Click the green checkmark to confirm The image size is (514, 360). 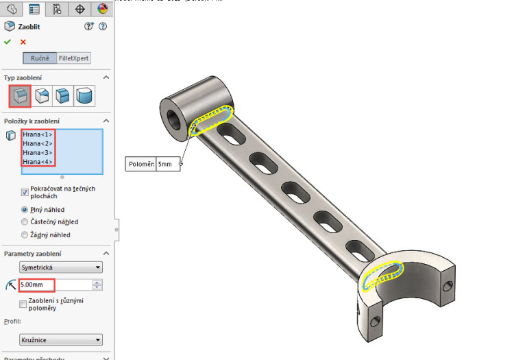(x=8, y=42)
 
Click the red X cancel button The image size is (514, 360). (x=23, y=42)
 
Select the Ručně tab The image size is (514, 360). (x=40, y=58)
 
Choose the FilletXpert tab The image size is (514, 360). (x=73, y=58)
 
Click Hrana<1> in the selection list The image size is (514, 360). (x=38, y=134)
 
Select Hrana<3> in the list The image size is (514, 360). (x=38, y=152)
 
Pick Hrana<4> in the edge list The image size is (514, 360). (x=38, y=162)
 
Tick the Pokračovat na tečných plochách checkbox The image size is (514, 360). (x=25, y=192)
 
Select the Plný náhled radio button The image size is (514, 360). (x=25, y=209)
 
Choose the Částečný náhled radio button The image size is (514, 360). (x=25, y=222)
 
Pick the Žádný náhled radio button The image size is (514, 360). (x=25, y=235)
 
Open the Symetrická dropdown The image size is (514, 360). (x=61, y=267)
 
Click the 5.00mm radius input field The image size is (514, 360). (x=55, y=285)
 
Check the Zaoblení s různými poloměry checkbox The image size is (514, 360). (x=24, y=303)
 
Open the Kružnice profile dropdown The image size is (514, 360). (x=61, y=339)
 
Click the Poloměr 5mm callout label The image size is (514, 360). (x=154, y=165)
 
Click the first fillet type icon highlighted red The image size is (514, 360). (x=19, y=95)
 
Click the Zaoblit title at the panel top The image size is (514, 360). (x=29, y=26)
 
